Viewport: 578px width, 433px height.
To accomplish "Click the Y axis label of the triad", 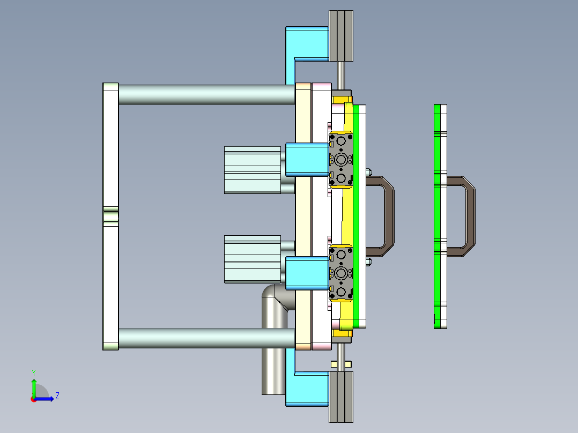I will click(33, 372).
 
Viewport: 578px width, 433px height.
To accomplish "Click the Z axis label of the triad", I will click(57, 396).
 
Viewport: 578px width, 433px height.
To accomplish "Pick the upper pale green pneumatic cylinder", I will click(252, 169).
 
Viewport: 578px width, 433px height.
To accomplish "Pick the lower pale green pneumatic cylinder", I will click(252, 258).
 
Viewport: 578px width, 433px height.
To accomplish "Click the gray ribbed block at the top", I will click(341, 36).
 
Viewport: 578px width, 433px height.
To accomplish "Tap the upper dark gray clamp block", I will click(342, 160).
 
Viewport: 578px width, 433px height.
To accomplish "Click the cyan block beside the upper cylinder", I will click(307, 160).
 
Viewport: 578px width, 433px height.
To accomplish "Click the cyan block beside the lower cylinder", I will click(307, 273).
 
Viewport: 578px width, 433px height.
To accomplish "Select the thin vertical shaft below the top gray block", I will click(341, 75).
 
